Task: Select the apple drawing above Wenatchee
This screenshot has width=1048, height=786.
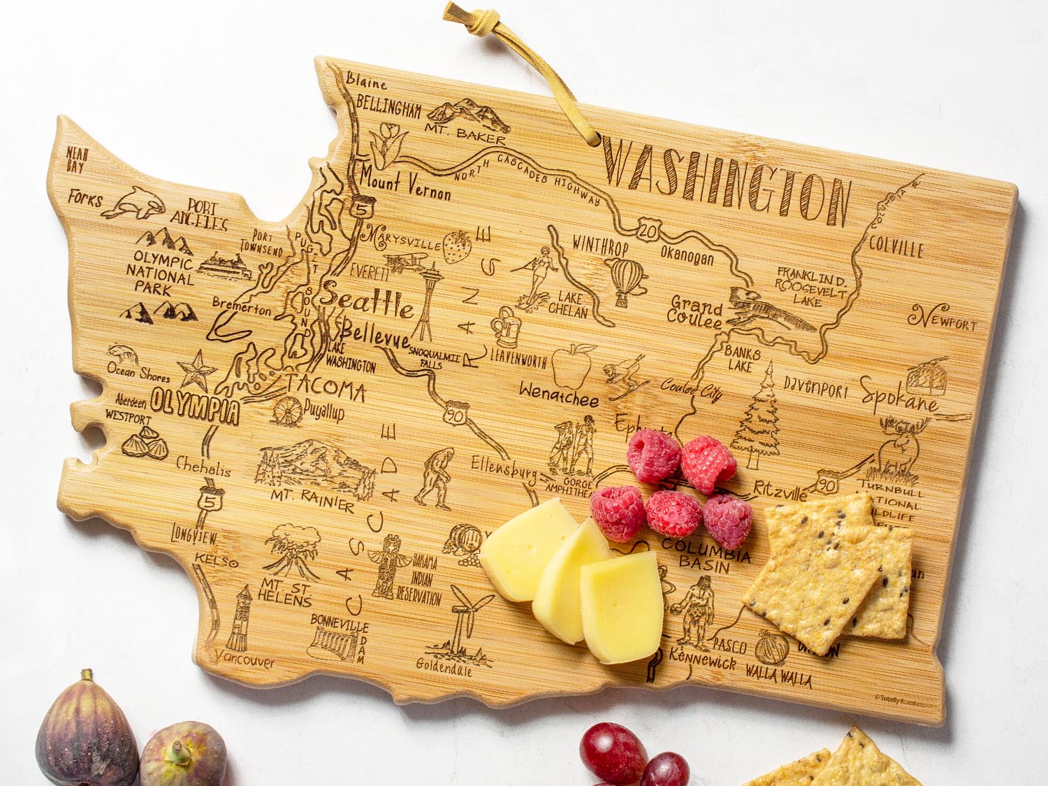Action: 572,366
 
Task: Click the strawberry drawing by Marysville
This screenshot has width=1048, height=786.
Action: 458,246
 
